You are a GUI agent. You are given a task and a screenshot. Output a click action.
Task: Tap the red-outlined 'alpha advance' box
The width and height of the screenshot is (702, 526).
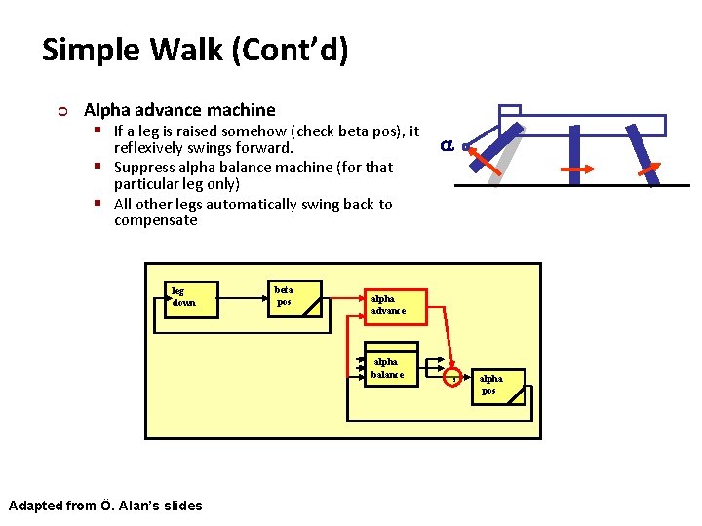[395, 305]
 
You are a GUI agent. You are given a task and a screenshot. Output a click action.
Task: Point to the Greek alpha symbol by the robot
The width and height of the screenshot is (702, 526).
[446, 146]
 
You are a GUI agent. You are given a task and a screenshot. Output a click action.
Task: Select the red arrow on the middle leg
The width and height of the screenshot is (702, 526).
[578, 169]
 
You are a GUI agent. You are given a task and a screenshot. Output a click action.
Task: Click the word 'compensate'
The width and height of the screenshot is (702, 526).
[155, 221]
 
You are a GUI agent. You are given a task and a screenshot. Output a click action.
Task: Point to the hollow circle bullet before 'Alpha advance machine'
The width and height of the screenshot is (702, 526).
[64, 111]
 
